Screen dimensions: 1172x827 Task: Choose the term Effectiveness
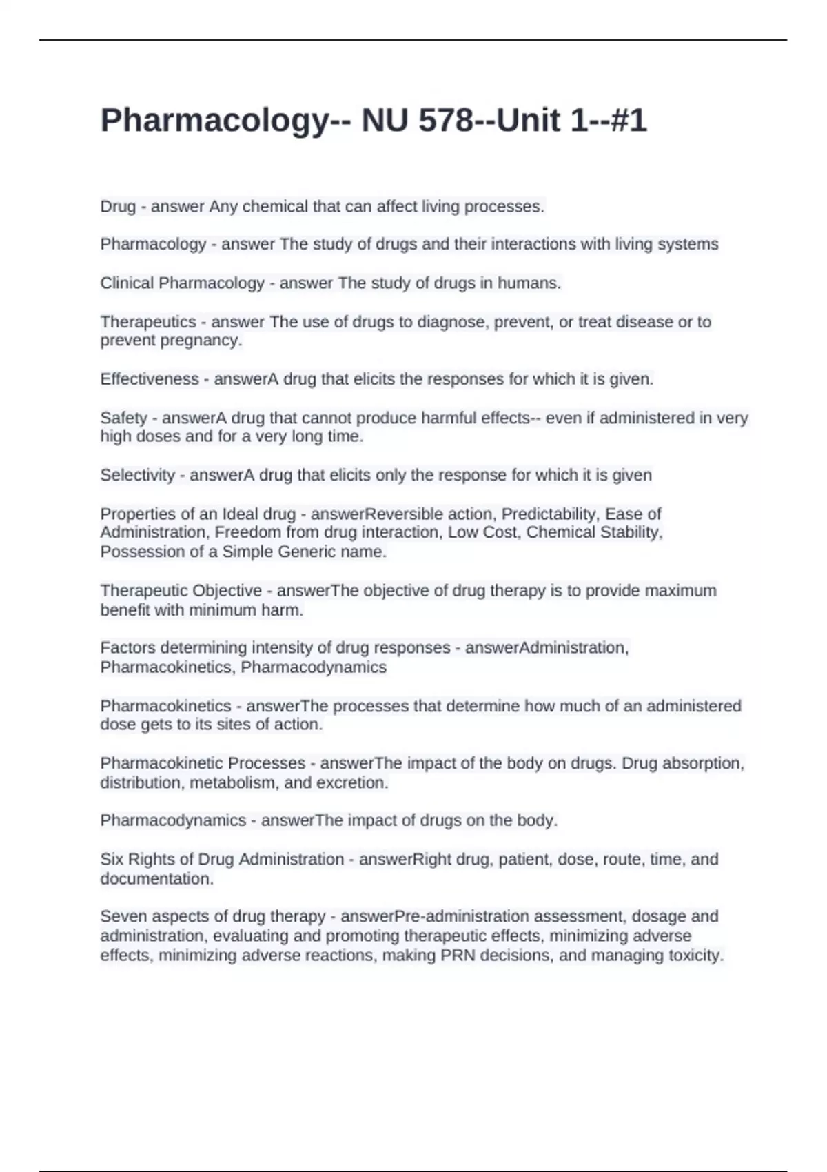coord(149,379)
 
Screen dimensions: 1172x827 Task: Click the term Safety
coord(124,418)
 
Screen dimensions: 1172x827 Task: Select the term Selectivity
coord(137,475)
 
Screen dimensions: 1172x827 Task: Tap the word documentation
coord(156,878)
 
